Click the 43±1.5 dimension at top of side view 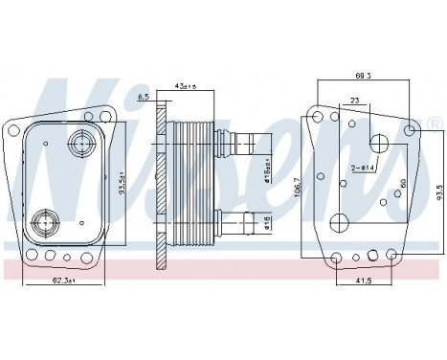pyautogui.click(x=184, y=87)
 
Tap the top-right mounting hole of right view pyautogui.click(x=410, y=126)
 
